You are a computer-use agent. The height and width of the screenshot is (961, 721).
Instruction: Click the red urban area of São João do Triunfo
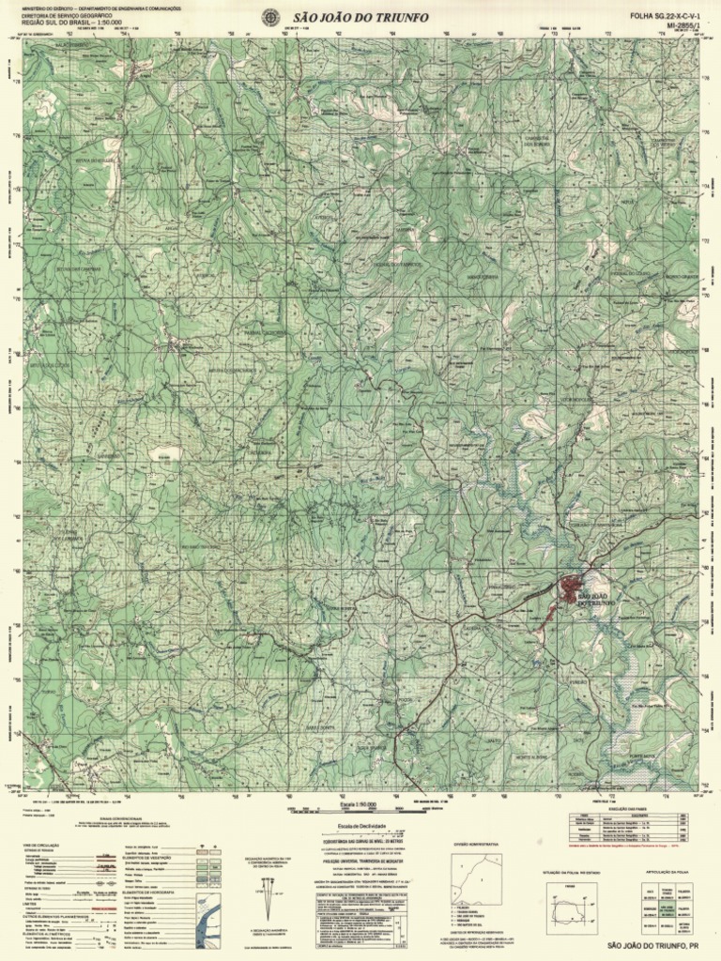(570, 588)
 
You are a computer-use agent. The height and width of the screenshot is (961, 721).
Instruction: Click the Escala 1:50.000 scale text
(360, 805)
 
